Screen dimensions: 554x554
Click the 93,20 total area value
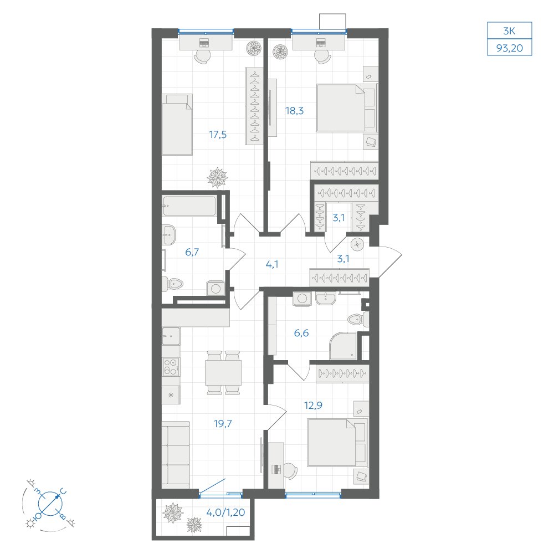[x=510, y=48]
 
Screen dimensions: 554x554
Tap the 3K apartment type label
[x=509, y=31]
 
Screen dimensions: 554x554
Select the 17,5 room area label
[x=218, y=135]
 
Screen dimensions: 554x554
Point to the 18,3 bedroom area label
[x=294, y=111]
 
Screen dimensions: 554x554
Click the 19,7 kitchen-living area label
[x=223, y=423]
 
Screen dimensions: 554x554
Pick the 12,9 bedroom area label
[x=313, y=406]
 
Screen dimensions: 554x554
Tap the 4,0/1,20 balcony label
[x=225, y=512]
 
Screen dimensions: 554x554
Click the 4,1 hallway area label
[x=271, y=264]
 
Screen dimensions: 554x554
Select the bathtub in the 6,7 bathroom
[x=189, y=206]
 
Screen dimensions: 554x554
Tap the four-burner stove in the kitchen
[x=171, y=366]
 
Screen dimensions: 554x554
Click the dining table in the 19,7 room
[x=223, y=373]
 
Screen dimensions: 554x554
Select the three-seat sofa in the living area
[x=176, y=454]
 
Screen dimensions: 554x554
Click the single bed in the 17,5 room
[x=177, y=124]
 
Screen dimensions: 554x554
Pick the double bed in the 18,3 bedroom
[x=346, y=108]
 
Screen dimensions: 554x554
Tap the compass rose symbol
[x=50, y=504]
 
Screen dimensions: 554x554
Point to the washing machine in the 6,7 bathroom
[x=216, y=288]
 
